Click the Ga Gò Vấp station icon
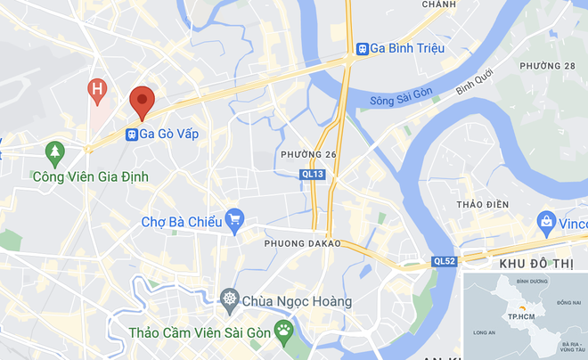coord(132,135)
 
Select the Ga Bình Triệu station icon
coord(363,49)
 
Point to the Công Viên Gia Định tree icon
coord(56,152)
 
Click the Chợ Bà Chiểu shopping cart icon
coord(235,219)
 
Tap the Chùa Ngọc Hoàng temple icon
coord(231,299)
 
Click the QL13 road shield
coord(313,175)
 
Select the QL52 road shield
coord(445,261)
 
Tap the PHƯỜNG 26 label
coord(308,155)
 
